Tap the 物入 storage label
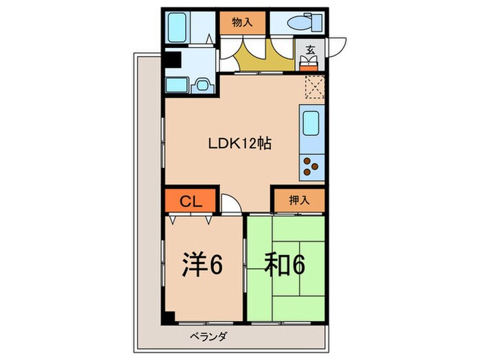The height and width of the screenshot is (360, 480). pos(242,22)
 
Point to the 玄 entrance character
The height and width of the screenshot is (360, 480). pos(310,49)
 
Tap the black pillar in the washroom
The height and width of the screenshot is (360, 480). pos(171,60)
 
